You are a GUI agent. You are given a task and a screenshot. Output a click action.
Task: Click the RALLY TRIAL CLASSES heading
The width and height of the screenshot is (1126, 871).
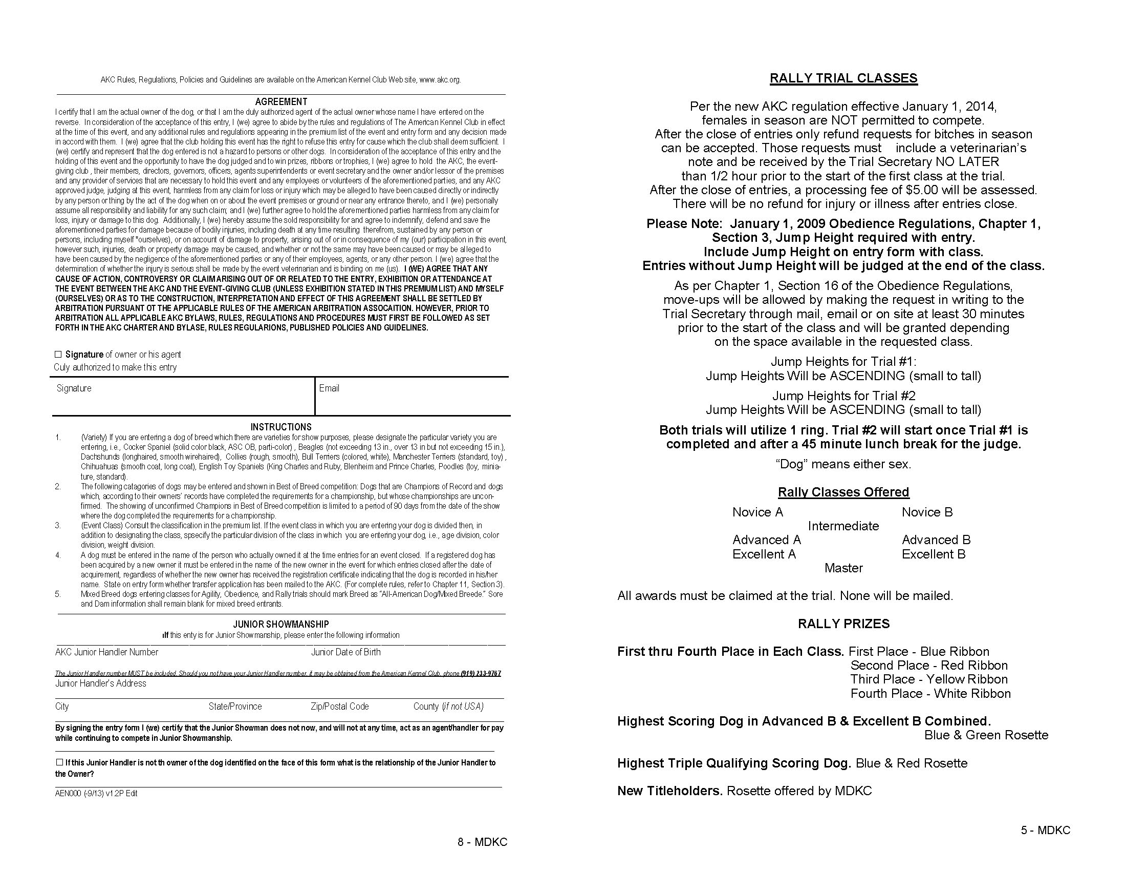843,78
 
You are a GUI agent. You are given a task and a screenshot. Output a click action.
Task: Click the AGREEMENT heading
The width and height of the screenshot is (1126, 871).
281,101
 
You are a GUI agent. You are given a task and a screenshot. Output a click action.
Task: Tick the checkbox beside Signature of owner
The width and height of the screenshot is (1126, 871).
58,354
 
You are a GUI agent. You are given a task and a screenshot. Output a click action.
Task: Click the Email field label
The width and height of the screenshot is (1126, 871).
329,388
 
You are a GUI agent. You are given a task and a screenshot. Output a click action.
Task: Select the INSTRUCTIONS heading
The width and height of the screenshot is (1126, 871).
281,427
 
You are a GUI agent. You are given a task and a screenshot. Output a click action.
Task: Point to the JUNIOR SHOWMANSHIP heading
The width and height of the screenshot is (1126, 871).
281,624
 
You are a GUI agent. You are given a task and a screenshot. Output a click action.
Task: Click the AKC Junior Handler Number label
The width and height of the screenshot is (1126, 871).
107,652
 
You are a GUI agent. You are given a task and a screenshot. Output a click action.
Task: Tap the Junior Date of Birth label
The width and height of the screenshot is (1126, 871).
345,652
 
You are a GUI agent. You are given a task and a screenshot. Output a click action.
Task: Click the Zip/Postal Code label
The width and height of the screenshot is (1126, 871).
340,706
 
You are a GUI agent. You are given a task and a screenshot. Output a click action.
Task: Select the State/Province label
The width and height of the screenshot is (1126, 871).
235,706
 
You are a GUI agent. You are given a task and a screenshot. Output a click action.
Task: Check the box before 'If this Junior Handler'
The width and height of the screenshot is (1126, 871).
59,762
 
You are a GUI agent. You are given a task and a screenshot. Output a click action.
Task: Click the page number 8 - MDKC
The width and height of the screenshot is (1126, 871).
482,842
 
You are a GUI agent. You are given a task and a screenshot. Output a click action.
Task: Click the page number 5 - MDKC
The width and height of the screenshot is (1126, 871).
1046,829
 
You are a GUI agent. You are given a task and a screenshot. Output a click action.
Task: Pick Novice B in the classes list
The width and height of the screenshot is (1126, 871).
927,512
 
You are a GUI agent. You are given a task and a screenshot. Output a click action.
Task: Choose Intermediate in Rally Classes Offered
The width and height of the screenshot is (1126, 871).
843,526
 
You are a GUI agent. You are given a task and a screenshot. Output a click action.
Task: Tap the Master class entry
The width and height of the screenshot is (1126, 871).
843,568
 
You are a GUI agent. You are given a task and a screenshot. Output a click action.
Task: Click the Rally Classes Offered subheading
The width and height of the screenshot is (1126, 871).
843,492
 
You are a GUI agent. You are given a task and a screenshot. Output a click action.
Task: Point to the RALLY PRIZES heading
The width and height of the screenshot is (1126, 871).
843,624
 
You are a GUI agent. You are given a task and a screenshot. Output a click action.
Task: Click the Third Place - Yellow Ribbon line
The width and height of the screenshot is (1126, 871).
929,679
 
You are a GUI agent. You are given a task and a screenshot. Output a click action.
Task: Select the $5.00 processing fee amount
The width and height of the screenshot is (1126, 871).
920,190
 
